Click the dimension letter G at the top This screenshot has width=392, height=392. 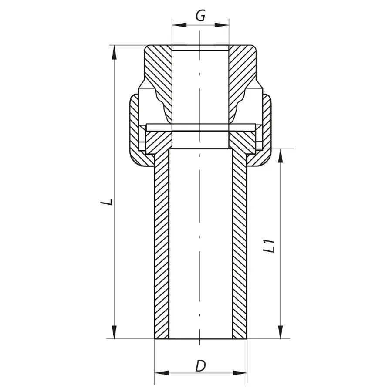coord(200,16)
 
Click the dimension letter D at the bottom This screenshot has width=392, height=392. coord(200,366)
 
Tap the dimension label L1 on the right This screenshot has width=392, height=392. coord(270,246)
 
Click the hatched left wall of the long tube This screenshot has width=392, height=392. coord(162,244)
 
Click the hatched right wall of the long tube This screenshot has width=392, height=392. coord(240,244)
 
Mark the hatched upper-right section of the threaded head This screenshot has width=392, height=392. coord(242,70)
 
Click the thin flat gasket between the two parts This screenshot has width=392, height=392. coord(200,127)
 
